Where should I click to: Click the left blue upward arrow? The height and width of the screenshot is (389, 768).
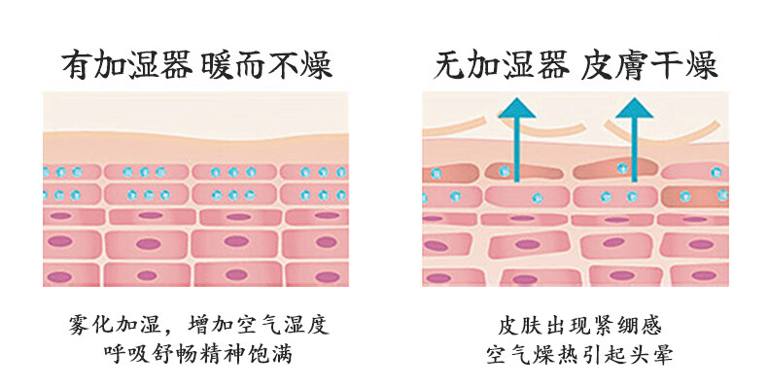pyautogui.click(x=516, y=141)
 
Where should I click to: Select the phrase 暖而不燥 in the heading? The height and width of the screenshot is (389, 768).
pyautogui.click(x=268, y=65)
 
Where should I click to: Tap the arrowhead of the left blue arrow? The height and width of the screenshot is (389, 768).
pyautogui.click(x=516, y=110)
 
